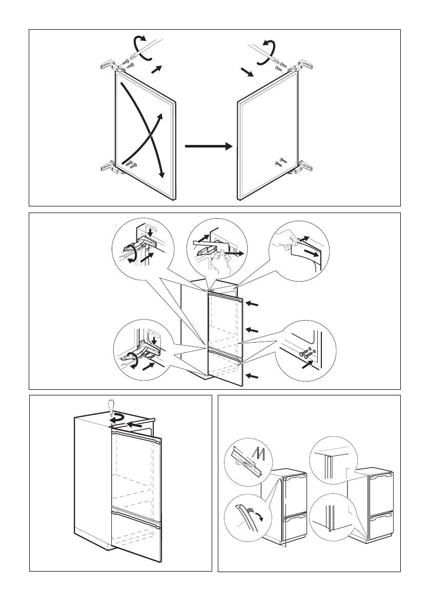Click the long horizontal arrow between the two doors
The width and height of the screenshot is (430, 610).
[x=208, y=146]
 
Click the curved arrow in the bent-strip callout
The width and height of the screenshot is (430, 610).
[x=260, y=516]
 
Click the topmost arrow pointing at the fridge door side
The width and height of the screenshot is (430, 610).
[x=252, y=304]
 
